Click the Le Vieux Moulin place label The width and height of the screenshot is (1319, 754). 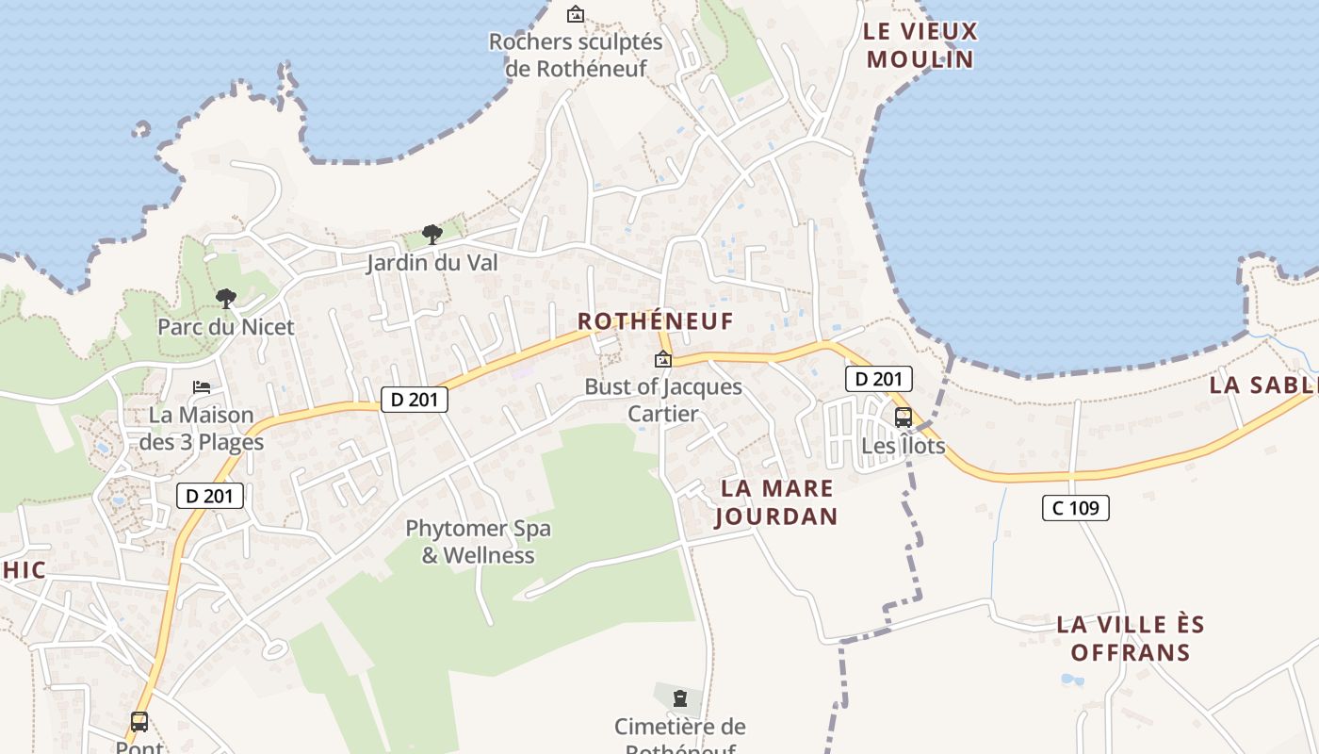coord(920,45)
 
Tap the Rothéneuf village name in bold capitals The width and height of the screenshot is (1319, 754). coord(655,321)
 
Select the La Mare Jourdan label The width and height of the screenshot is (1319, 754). coord(776,502)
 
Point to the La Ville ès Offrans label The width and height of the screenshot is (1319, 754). coord(1130,638)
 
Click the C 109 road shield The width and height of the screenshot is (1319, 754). coord(1075,508)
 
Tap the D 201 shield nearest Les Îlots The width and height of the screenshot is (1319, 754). coord(879,379)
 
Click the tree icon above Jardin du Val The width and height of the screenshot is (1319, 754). coord(432,234)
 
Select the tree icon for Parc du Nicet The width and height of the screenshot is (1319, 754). coord(225,299)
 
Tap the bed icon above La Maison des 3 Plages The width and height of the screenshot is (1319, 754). coord(202,387)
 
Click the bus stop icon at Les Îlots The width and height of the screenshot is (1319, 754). coord(903,417)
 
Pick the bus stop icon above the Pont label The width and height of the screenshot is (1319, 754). coord(139,722)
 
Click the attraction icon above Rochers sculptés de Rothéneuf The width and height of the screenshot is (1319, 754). coord(575,14)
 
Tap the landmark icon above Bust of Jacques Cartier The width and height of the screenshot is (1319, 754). coord(663,359)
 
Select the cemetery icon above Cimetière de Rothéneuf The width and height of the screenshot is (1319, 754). coord(680,698)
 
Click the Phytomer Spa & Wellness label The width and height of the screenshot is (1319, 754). coord(478,542)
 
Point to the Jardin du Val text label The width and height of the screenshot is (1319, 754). coord(432,262)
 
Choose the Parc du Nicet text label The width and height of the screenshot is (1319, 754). coord(226,327)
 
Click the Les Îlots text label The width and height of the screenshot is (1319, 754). coord(903,445)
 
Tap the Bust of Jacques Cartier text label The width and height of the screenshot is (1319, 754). coord(663,400)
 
